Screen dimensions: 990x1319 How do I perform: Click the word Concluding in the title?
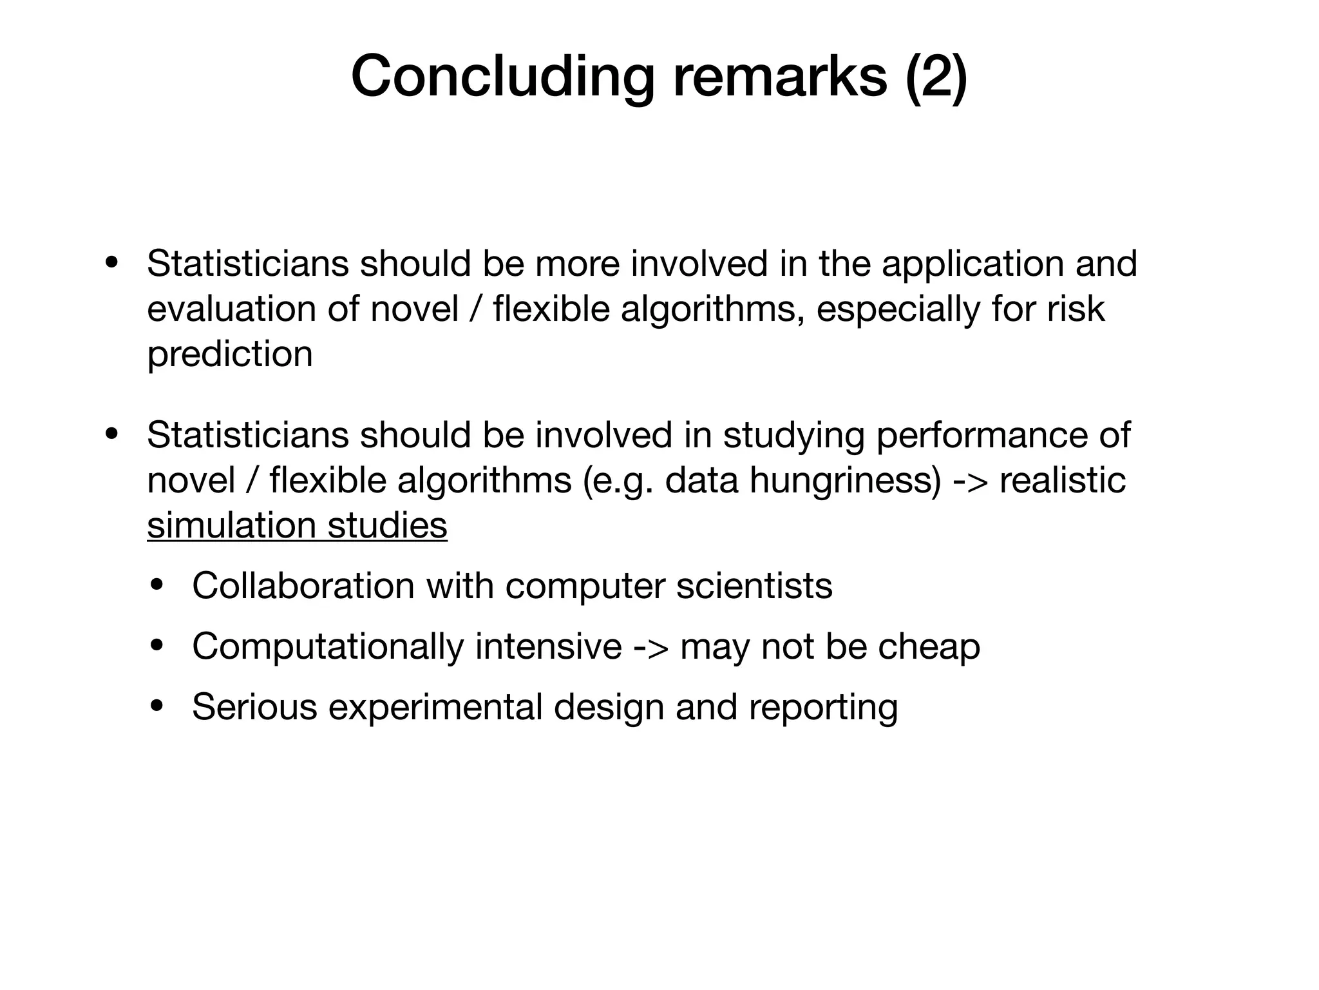click(502, 77)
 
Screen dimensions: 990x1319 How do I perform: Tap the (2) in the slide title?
click(936, 77)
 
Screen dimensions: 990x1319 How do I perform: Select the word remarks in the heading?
click(780, 77)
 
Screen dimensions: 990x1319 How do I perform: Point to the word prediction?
click(230, 354)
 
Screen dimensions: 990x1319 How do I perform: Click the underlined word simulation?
click(231, 525)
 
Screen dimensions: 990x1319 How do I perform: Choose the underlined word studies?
click(387, 525)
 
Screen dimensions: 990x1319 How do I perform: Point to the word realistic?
click(1063, 481)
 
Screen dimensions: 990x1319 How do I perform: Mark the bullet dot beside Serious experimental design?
click(157, 707)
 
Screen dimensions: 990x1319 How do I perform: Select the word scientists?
click(754, 586)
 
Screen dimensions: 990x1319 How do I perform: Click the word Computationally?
click(328, 647)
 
